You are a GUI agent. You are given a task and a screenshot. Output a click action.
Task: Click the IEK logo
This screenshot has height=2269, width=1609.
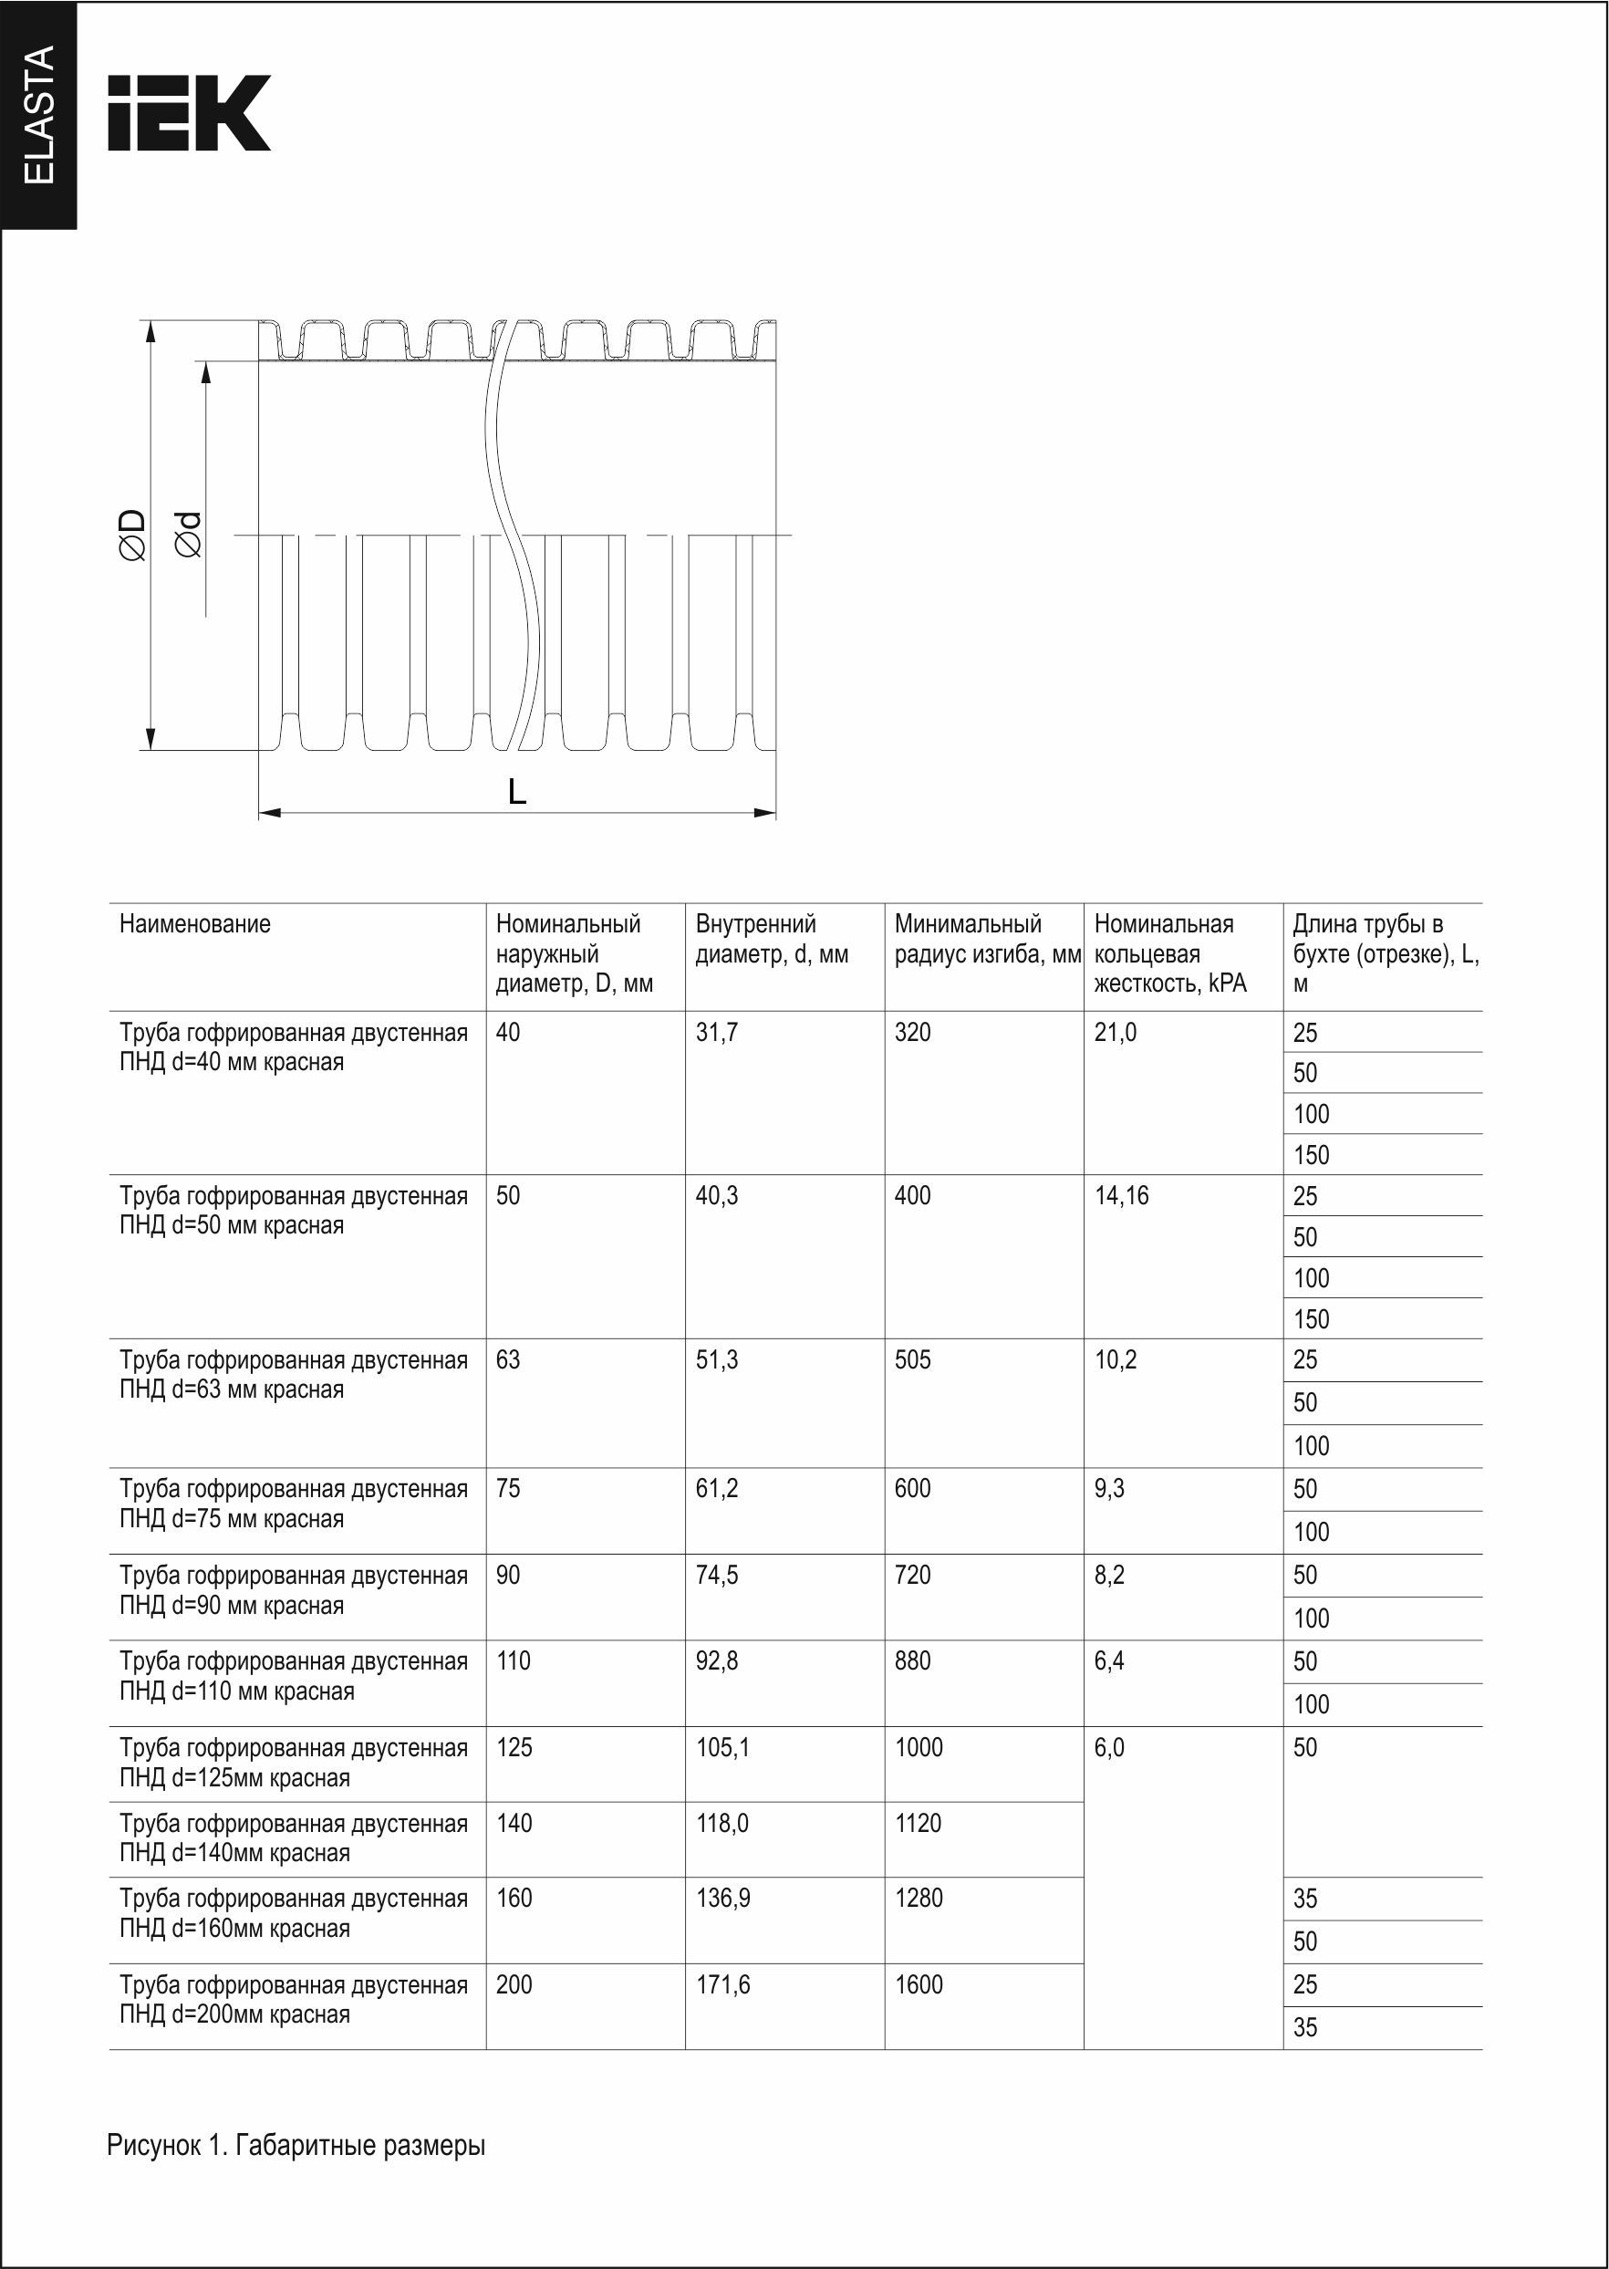tap(188, 112)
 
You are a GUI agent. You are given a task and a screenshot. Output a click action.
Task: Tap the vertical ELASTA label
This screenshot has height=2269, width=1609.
tap(38, 114)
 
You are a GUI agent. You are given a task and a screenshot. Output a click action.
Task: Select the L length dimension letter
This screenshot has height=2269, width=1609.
tap(516, 792)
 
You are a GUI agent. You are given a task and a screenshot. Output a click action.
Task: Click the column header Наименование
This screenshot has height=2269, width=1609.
tap(194, 924)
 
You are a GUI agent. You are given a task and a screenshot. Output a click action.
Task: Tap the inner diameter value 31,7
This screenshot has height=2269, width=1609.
tap(716, 1033)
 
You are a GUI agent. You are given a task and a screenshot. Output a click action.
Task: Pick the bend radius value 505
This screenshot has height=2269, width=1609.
tap(912, 1360)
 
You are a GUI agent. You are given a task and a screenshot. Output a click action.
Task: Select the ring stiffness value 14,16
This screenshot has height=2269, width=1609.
tap(1122, 1196)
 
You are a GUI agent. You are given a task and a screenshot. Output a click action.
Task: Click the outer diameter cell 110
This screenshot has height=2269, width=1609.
tap(514, 1661)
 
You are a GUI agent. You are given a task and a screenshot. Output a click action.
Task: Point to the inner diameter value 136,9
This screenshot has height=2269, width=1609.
tap(723, 1899)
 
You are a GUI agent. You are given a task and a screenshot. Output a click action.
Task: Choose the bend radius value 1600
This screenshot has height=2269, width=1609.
tap(919, 1984)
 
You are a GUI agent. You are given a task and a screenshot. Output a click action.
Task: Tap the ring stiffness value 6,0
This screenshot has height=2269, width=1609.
tap(1110, 1748)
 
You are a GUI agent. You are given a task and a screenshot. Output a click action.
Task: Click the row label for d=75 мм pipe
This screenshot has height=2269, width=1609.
tap(294, 1504)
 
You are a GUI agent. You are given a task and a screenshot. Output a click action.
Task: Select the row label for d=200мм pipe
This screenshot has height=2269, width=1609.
tap(294, 2000)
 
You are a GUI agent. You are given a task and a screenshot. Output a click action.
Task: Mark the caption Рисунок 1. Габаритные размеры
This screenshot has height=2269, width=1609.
tap(296, 2146)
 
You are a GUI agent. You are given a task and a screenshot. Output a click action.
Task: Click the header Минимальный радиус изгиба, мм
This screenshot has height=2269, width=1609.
tap(987, 940)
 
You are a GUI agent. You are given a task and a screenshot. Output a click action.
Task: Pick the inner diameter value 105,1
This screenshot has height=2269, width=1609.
tap(722, 1748)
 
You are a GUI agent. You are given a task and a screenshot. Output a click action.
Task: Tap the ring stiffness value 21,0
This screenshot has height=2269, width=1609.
tap(1116, 1033)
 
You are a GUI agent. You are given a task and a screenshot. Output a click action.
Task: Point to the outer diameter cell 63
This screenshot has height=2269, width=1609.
tap(507, 1360)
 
